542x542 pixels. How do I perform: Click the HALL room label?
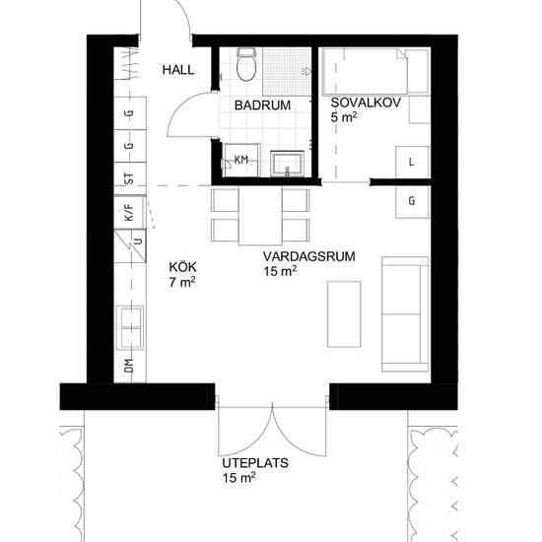(178, 70)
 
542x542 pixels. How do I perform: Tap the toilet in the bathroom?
(246, 64)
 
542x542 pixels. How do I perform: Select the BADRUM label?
(262, 105)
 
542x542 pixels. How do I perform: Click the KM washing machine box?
(241, 160)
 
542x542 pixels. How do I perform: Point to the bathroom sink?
(287, 164)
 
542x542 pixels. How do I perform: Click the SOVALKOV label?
(366, 102)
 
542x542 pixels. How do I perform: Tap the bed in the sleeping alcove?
(376, 71)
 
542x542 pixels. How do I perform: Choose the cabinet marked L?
(412, 162)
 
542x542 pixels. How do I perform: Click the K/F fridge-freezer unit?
(130, 212)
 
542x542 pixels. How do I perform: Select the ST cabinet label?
(129, 178)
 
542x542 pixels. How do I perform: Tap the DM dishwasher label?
(129, 366)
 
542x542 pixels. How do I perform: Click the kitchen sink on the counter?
(131, 327)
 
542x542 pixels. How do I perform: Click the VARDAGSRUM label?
(309, 256)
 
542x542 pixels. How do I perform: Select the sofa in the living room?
(405, 314)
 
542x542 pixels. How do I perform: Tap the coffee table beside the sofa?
(344, 313)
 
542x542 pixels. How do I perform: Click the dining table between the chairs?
(260, 216)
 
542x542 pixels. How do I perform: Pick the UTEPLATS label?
(255, 463)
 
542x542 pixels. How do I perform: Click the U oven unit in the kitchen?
(130, 246)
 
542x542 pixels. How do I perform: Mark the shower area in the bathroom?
(287, 72)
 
